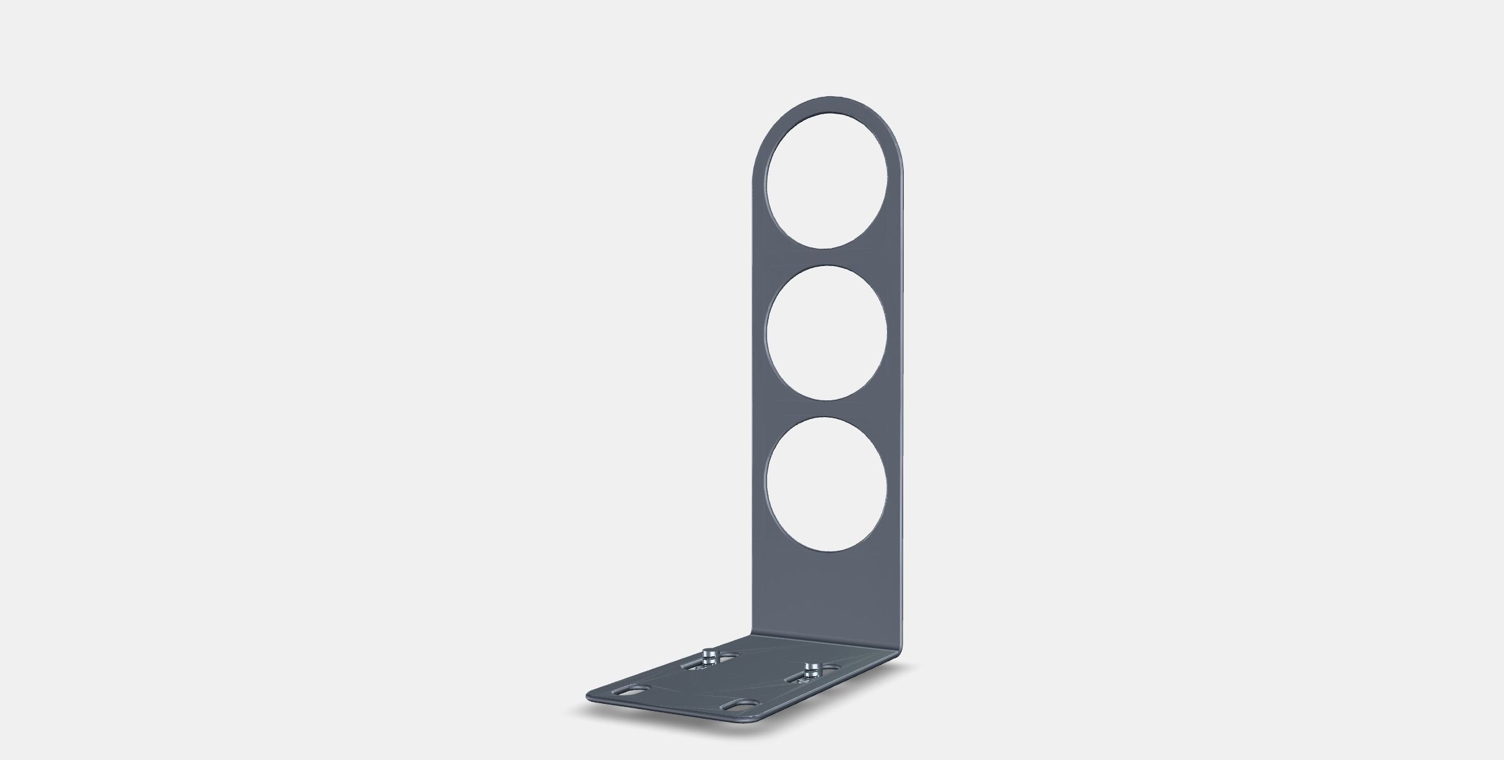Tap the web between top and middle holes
826,257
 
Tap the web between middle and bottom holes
826,408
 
